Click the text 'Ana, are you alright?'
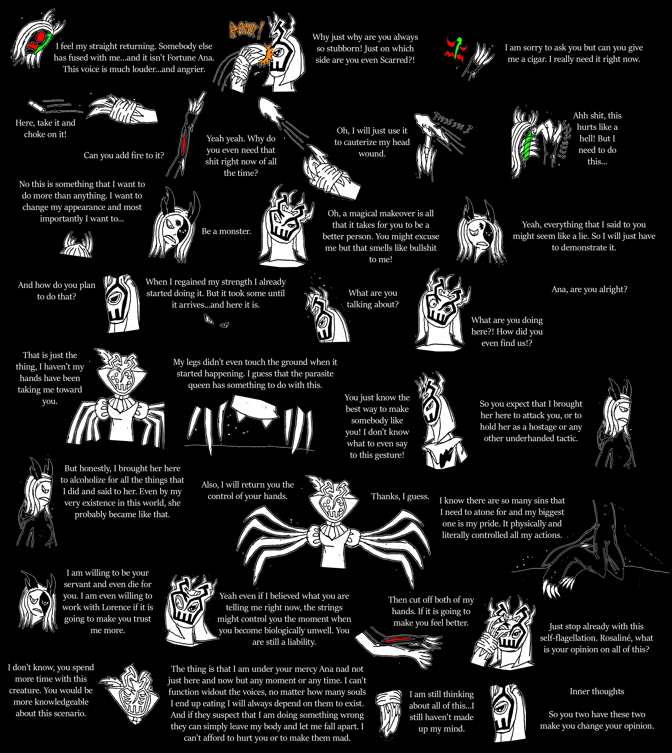click(589, 289)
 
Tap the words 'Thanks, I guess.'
click(400, 497)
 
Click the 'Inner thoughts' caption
click(597, 691)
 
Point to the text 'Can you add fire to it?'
click(124, 155)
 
